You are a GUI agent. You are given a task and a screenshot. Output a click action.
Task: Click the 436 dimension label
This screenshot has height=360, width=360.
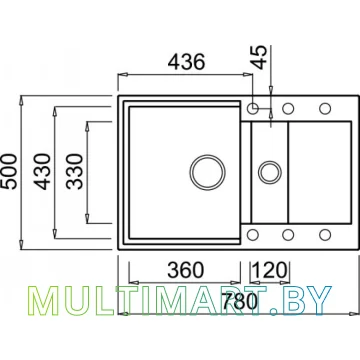(185, 62)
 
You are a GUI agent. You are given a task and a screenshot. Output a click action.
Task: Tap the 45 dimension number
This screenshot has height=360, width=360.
(260, 57)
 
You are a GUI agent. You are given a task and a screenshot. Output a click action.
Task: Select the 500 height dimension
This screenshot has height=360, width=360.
(9, 171)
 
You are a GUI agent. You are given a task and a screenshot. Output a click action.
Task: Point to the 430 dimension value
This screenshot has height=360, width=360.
(43, 171)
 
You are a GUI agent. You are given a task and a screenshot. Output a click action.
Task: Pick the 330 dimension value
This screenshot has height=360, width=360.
(74, 171)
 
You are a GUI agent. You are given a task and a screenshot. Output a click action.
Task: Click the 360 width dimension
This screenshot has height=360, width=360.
(185, 270)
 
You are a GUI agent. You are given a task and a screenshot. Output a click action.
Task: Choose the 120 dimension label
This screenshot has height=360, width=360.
(270, 270)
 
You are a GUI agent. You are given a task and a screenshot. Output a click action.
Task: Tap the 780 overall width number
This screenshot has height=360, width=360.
(240, 302)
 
